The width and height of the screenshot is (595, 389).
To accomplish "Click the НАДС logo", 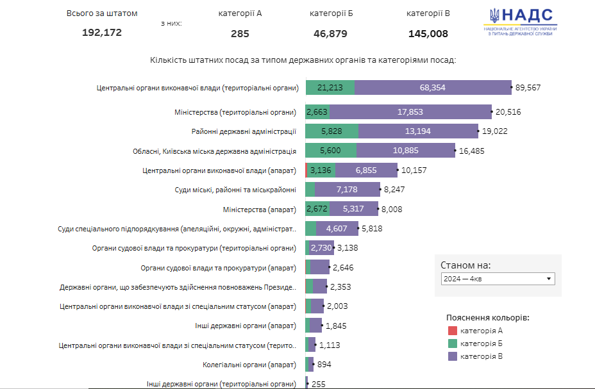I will point(520,22).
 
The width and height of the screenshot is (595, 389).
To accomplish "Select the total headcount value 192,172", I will point(102,33).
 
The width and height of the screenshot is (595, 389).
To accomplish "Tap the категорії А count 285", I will point(240,34).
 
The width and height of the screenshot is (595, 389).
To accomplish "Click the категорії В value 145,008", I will point(428,34).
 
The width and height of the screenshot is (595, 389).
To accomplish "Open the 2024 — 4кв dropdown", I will point(498,279).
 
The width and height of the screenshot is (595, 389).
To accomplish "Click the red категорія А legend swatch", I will point(452,331).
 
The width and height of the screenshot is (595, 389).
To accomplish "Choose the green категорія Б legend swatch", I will point(452,343).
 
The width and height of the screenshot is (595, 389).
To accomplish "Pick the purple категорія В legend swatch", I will point(452,356).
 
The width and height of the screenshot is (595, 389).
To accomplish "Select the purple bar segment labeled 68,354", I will point(433,88).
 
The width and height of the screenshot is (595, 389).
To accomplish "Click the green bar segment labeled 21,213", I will point(330,88).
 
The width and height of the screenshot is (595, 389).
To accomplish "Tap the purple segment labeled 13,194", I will point(418,132).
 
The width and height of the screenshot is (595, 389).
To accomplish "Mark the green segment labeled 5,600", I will point(331,151).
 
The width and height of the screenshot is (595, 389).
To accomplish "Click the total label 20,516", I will point(508,112).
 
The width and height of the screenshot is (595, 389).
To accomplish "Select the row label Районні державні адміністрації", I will point(244,132).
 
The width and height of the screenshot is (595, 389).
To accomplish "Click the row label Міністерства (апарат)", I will point(259,210).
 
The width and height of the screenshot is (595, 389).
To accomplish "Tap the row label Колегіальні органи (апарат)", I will point(249,365).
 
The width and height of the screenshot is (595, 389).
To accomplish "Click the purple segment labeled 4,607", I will point(337,229).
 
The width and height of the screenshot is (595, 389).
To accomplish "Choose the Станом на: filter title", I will point(465,265).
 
